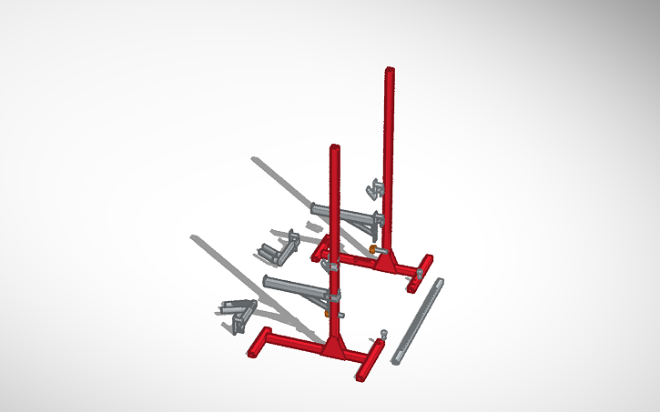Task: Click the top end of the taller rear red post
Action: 390,70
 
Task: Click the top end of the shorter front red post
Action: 334,146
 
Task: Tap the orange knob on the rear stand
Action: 373,248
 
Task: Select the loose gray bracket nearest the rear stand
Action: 280,244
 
